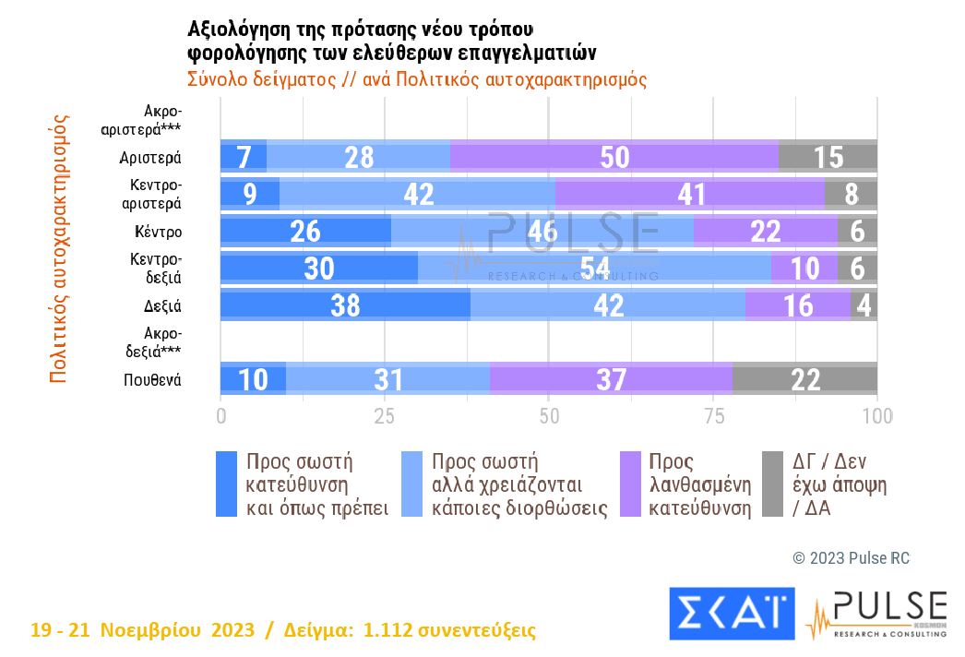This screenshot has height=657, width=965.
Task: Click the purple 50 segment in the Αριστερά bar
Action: click(x=614, y=157)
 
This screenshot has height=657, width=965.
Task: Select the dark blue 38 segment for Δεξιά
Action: click(x=345, y=305)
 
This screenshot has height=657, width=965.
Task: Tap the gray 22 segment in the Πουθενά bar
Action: click(x=804, y=379)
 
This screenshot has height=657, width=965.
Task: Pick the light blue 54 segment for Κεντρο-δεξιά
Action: click(x=594, y=268)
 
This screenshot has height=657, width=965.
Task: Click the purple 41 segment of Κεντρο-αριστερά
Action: click(x=689, y=194)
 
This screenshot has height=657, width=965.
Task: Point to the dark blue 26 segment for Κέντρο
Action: click(x=305, y=231)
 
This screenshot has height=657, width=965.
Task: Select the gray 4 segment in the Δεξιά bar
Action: click(x=864, y=305)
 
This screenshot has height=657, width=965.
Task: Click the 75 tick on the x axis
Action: click(x=712, y=416)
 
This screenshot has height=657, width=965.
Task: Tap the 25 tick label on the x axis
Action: click(x=385, y=416)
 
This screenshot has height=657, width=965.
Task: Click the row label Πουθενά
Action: click(x=153, y=379)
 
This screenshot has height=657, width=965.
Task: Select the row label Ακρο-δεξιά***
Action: click(x=158, y=342)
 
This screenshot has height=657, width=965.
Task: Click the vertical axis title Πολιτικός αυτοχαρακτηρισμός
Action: click(x=59, y=249)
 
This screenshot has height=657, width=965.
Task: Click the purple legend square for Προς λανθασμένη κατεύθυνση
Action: click(x=631, y=484)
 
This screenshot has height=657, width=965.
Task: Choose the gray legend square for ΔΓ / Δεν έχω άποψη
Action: click(x=774, y=484)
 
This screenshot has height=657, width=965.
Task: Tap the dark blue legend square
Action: click(x=226, y=484)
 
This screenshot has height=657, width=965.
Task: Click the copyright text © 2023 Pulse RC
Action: click(x=851, y=558)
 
